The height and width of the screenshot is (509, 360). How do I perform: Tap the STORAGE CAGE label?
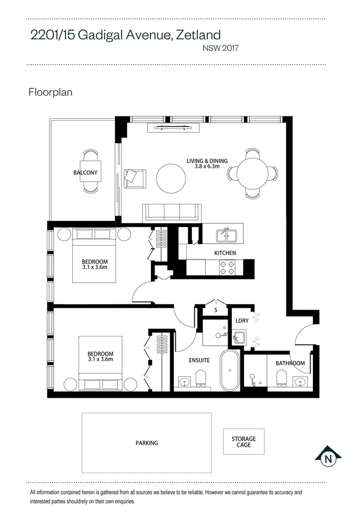tap(244, 442)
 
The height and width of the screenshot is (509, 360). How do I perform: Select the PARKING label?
tap(147, 443)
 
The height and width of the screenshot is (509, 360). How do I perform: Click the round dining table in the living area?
tap(252, 173)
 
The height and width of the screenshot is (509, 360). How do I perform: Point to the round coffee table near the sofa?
tap(171, 178)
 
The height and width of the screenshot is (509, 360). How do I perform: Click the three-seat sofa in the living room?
tap(172, 213)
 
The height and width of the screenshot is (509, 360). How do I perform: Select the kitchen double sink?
tap(227, 235)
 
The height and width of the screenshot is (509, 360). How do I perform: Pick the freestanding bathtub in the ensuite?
tap(230, 370)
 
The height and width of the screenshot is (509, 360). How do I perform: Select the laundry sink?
tap(239, 337)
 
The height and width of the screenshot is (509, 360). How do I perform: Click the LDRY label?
tap(242, 320)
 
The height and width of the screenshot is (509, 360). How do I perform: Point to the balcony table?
tap(90, 172)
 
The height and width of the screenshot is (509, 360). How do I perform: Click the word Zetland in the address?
tap(198, 35)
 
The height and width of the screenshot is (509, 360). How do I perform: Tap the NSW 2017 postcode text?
tap(221, 48)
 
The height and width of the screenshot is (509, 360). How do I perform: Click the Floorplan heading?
tap(50, 92)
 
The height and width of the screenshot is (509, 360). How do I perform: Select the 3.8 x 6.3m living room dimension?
tap(207, 166)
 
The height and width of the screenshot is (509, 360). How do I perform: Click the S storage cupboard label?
tap(216, 310)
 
